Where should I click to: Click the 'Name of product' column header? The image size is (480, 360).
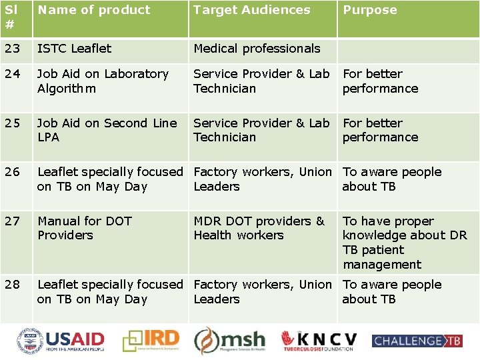click(x=94, y=10)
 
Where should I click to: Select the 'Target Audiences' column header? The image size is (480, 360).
click(x=252, y=10)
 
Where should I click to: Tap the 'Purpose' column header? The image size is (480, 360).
click(x=370, y=10)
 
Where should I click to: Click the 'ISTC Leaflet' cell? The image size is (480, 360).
click(x=75, y=49)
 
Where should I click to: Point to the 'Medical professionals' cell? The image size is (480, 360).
click(x=257, y=49)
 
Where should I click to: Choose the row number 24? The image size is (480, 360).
click(x=13, y=74)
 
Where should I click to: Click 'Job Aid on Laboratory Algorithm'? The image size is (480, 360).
click(x=103, y=81)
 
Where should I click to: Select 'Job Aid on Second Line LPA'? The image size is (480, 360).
click(x=107, y=130)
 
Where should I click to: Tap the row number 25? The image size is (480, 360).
click(x=13, y=123)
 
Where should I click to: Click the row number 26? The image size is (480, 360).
click(x=13, y=172)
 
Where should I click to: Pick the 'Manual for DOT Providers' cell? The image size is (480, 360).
click(x=85, y=228)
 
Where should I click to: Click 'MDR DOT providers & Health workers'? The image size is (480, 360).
click(x=259, y=228)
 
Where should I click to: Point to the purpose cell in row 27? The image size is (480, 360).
click(x=404, y=243)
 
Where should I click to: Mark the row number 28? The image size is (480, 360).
click(x=13, y=285)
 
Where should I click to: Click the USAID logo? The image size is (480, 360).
click(x=61, y=341)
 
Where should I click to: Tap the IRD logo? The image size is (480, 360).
click(x=153, y=341)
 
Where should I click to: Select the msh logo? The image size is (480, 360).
click(x=230, y=341)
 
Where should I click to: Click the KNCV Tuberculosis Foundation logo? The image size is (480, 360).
click(x=319, y=341)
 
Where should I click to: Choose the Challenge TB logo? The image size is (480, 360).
click(x=417, y=341)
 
